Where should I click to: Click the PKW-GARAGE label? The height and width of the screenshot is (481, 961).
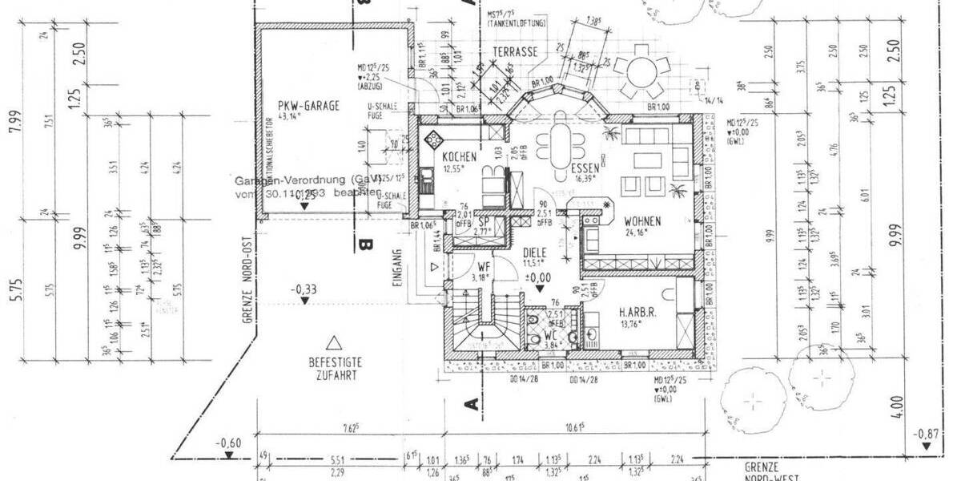[308, 105]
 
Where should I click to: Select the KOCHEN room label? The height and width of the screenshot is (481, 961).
[458, 157]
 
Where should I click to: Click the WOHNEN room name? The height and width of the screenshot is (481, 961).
[642, 221]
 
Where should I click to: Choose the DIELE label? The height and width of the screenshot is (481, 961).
[534, 251]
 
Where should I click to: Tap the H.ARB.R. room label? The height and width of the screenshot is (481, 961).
[637, 313]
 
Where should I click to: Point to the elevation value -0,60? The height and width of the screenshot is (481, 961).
[228, 443]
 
